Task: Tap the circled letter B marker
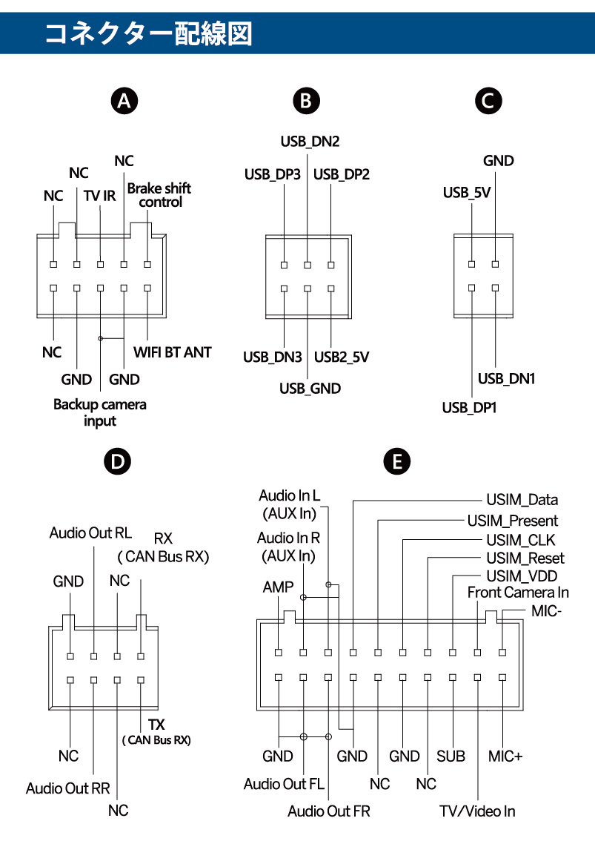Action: click(307, 101)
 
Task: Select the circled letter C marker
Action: click(487, 101)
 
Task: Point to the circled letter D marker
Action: click(117, 462)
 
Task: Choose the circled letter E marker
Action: click(397, 462)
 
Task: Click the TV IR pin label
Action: click(99, 196)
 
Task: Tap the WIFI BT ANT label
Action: click(172, 352)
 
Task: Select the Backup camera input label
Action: click(100, 412)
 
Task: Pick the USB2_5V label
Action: click(342, 357)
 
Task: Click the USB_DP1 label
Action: click(469, 408)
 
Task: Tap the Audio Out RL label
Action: click(90, 533)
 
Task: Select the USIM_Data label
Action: click(522, 500)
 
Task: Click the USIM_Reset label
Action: click(525, 558)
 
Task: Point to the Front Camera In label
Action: click(518, 593)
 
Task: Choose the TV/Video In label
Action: click(478, 811)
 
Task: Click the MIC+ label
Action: click(505, 756)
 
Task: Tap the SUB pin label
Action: click(451, 756)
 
